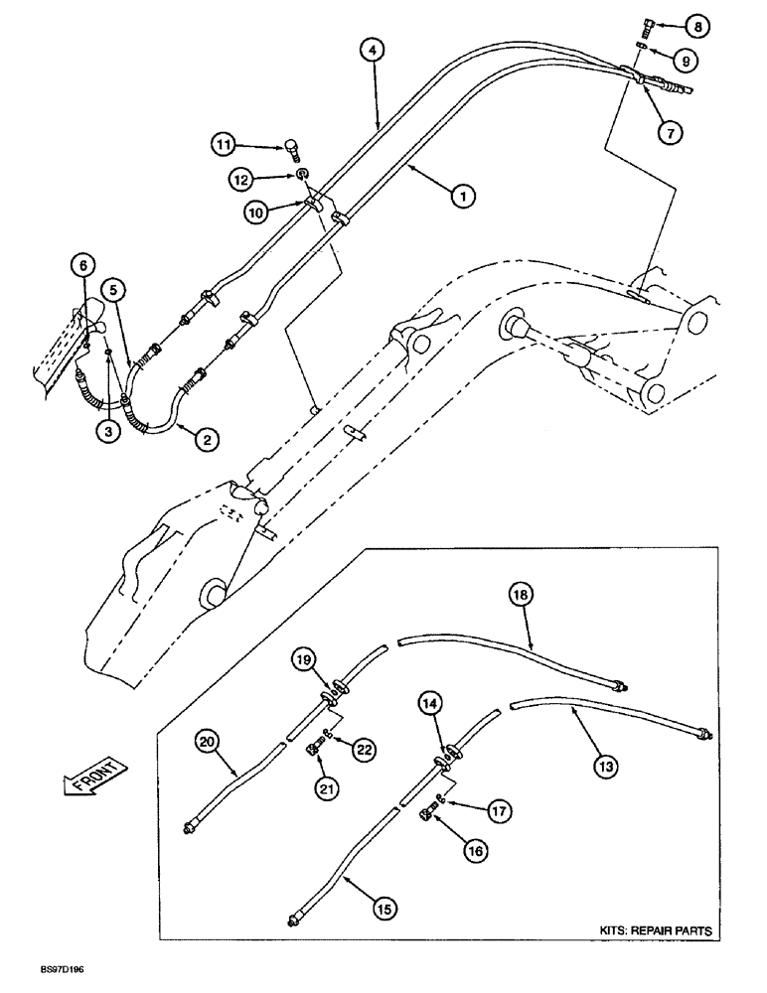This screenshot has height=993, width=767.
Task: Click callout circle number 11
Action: [224, 145]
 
